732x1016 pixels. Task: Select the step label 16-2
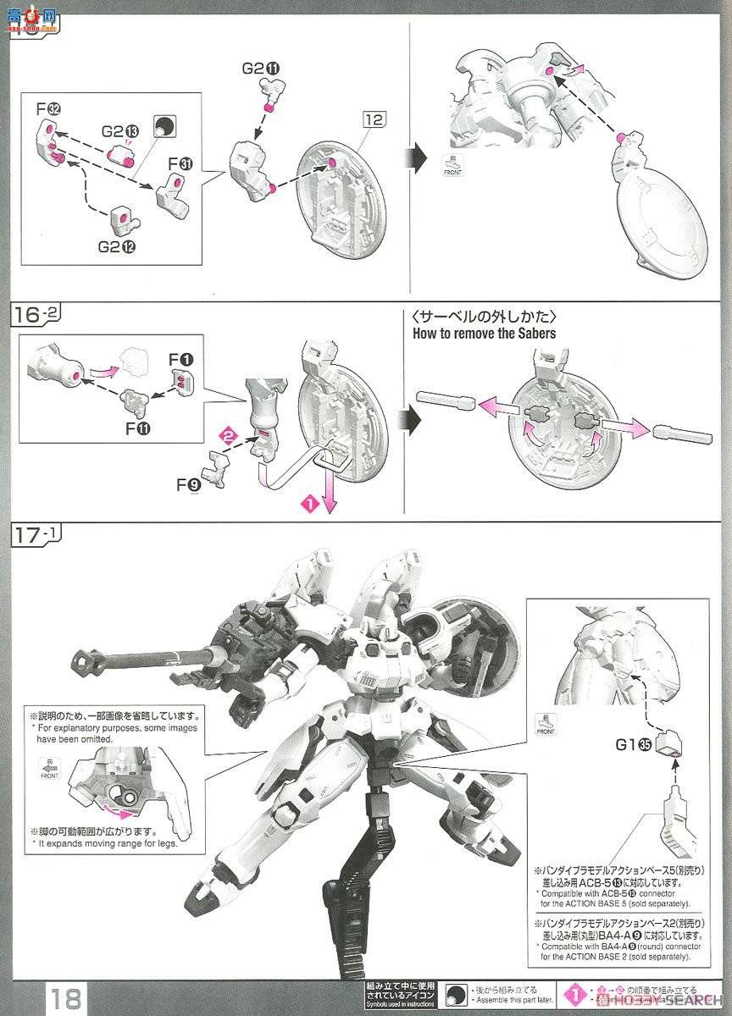tap(36, 316)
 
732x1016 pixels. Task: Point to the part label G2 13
tap(119, 131)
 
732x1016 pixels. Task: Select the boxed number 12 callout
tap(374, 119)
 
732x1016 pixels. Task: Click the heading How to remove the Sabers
tap(484, 333)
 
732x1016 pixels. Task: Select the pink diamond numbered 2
tap(226, 436)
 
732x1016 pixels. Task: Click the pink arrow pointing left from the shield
tap(495, 407)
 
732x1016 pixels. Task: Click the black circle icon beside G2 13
tap(164, 127)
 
